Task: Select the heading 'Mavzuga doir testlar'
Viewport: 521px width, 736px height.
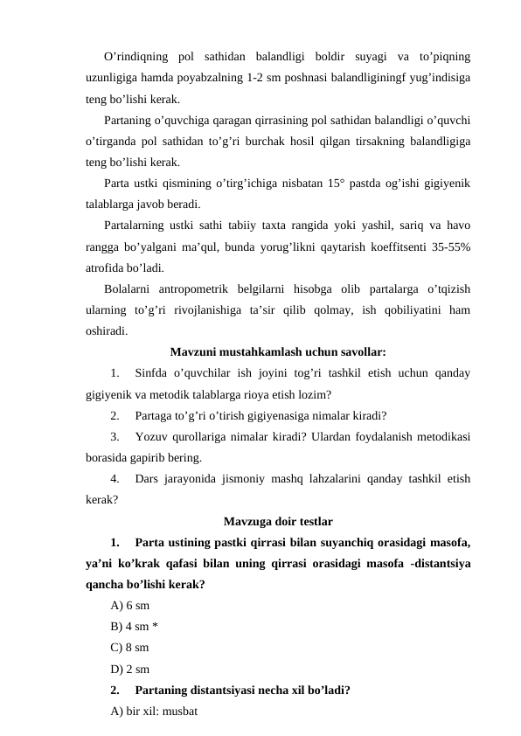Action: pyautogui.click(x=278, y=523)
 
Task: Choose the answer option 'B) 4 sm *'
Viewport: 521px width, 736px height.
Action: pyautogui.click(x=135, y=626)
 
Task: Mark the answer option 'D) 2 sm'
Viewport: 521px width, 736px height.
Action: pyautogui.click(x=130, y=670)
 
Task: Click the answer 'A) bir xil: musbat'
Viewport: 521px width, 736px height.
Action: pyautogui.click(x=156, y=712)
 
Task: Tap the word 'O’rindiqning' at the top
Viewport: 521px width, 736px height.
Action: pyautogui.click(x=135, y=58)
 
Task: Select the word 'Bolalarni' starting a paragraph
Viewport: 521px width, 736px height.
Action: pyautogui.click(x=127, y=289)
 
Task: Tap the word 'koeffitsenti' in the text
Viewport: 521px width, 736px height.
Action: pyautogui.click(x=377, y=247)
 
